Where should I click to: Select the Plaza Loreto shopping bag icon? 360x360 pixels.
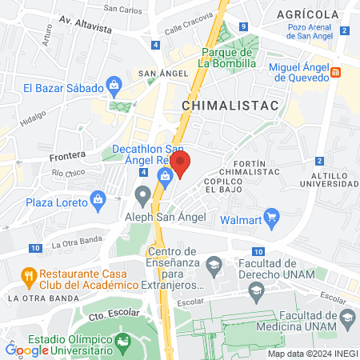point(98,198)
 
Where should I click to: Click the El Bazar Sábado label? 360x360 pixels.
point(63,88)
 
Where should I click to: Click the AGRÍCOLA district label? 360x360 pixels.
point(308,15)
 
